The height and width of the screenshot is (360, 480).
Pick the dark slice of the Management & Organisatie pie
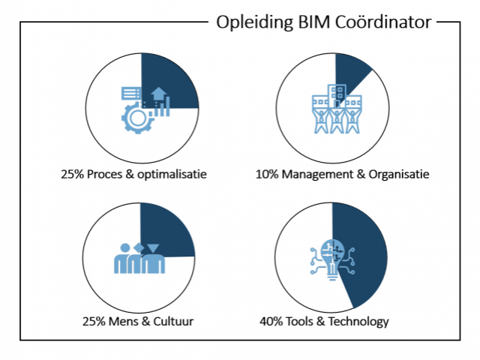pyautogui.click(x=351, y=75)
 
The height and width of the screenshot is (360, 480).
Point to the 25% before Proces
pyautogui.click(x=73, y=175)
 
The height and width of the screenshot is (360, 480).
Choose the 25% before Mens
pyautogui.click(x=94, y=322)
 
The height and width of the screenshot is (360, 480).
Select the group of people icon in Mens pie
pyautogui.click(x=139, y=259)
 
